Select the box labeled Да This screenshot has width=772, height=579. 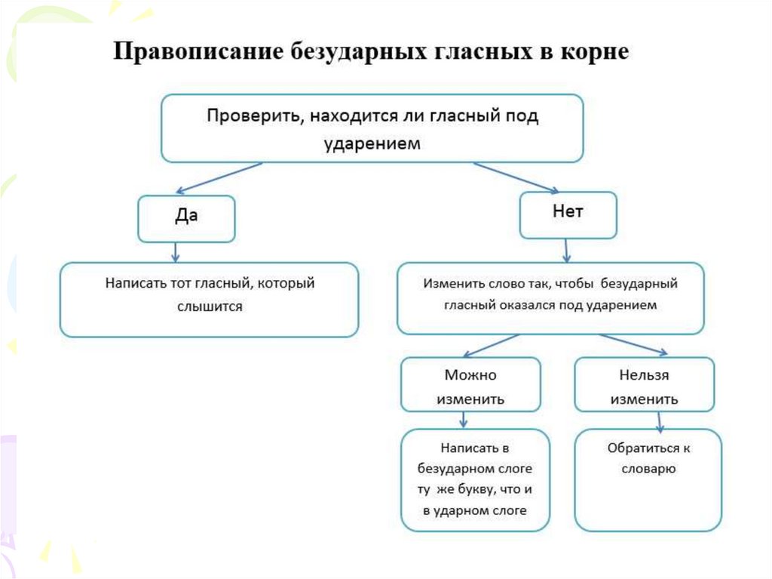(186, 217)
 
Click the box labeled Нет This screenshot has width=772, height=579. (568, 214)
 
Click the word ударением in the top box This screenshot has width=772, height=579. (372, 143)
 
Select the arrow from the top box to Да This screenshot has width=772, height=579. (218, 177)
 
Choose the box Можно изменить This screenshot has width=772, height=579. (470, 386)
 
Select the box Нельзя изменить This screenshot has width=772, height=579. (644, 386)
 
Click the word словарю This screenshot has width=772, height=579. (648, 468)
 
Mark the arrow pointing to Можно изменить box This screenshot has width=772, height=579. (491, 345)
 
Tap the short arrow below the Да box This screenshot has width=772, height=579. (175, 252)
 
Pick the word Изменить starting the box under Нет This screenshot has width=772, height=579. (449, 285)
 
